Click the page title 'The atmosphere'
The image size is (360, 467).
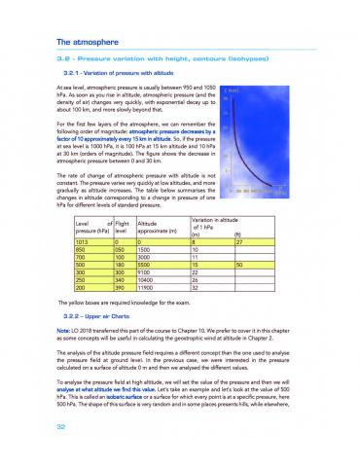pos(90,43)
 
